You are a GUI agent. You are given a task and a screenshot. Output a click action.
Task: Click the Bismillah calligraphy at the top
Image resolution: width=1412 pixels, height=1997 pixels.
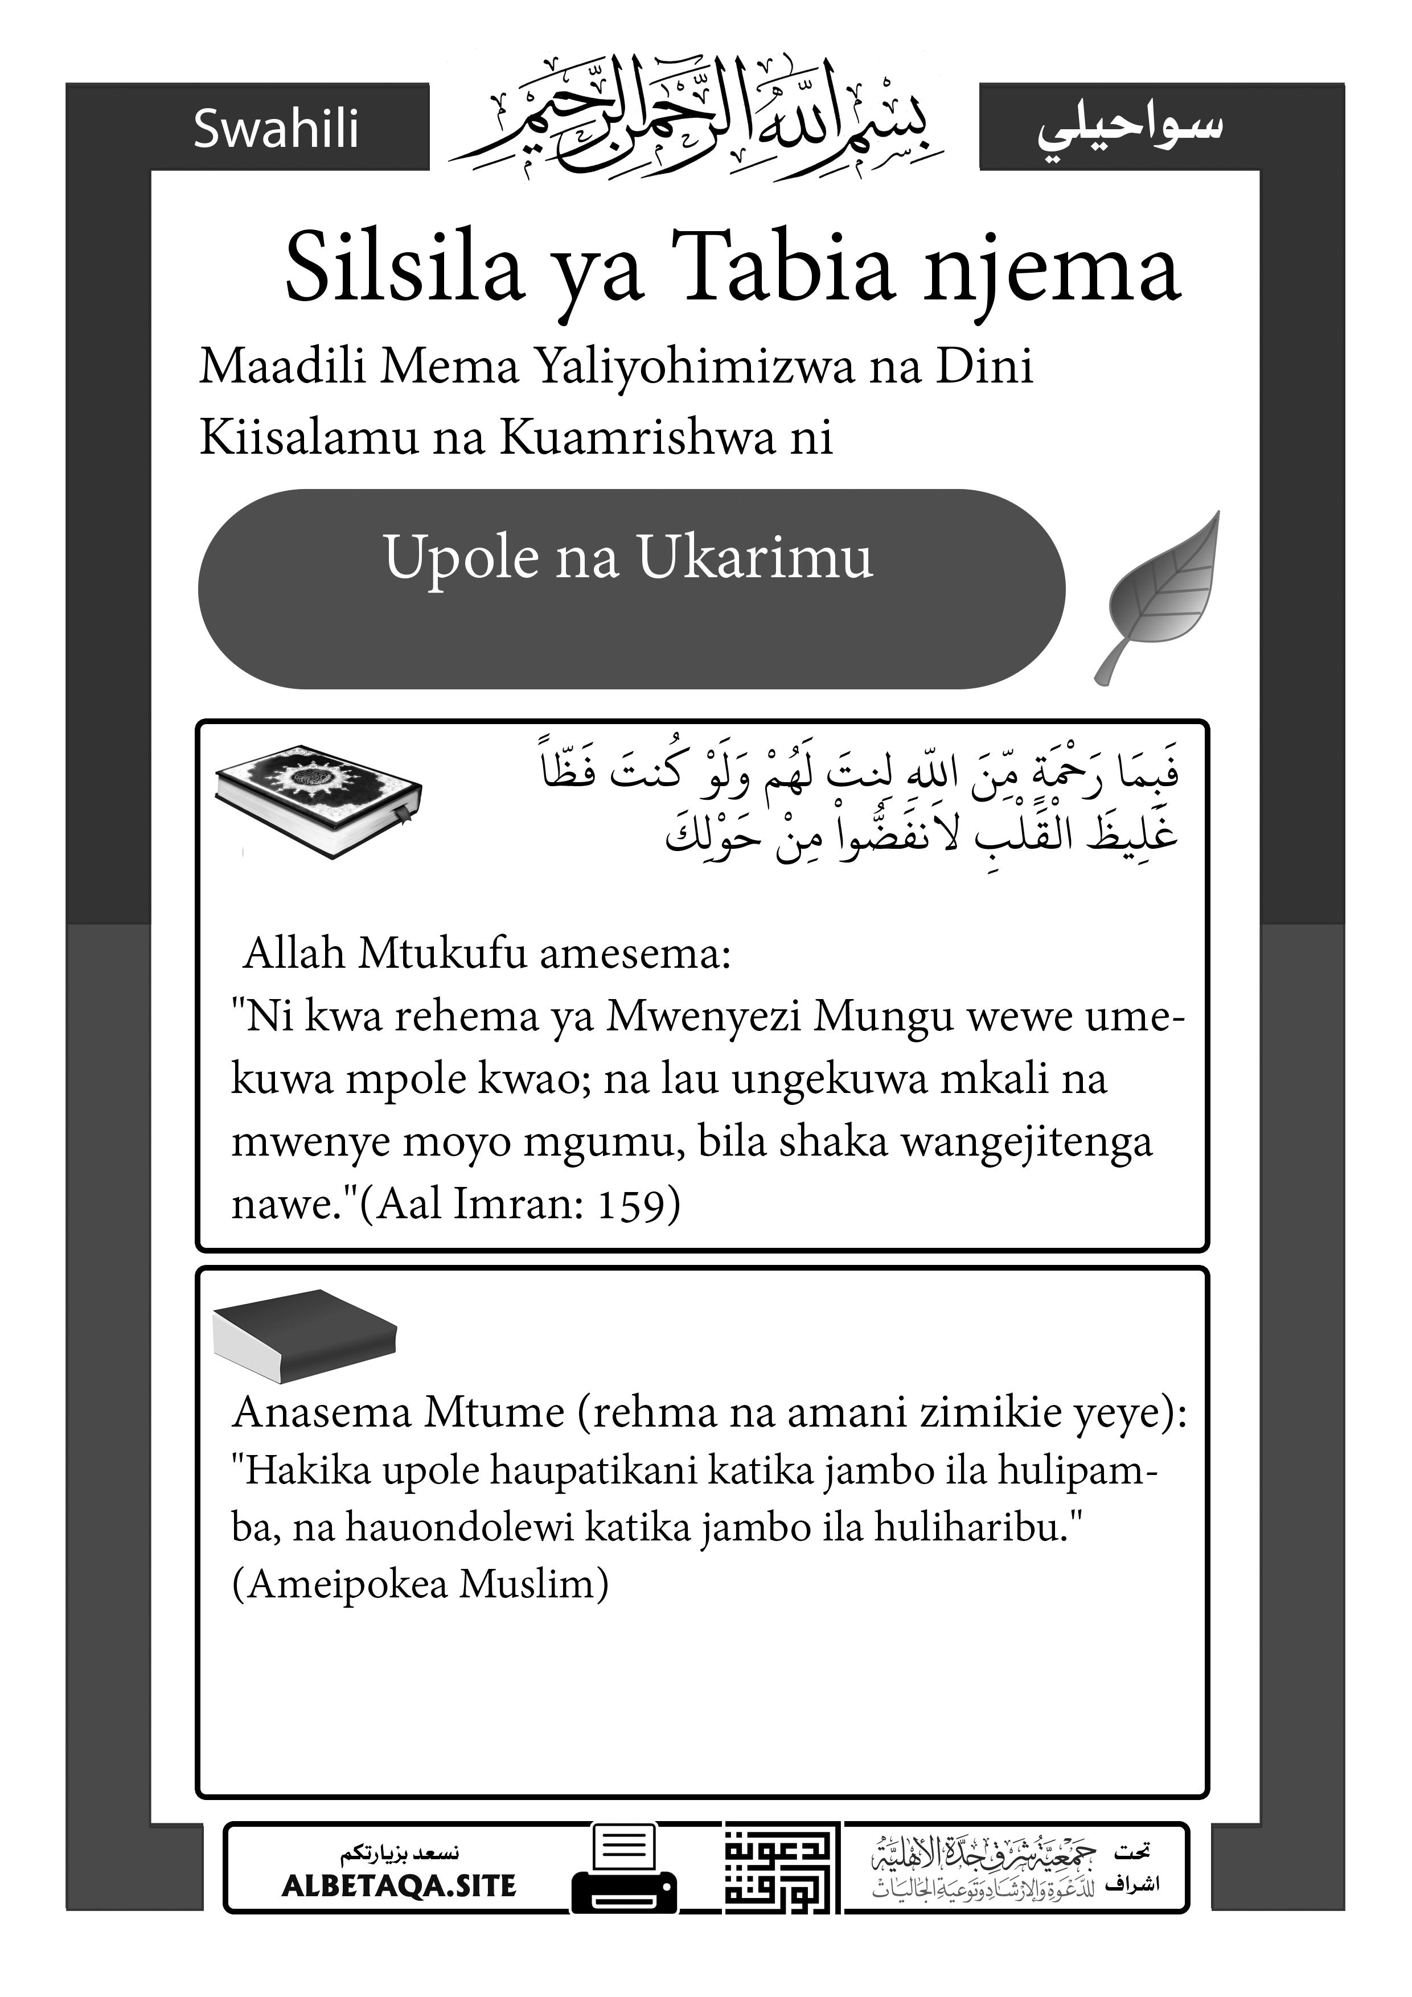pyautogui.click(x=696, y=122)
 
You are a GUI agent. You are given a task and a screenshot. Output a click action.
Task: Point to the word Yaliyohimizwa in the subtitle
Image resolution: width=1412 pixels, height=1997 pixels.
pyautogui.click(x=693, y=368)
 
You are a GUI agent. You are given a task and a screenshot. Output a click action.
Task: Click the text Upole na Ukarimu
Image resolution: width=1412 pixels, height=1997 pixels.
pyautogui.click(x=627, y=557)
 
